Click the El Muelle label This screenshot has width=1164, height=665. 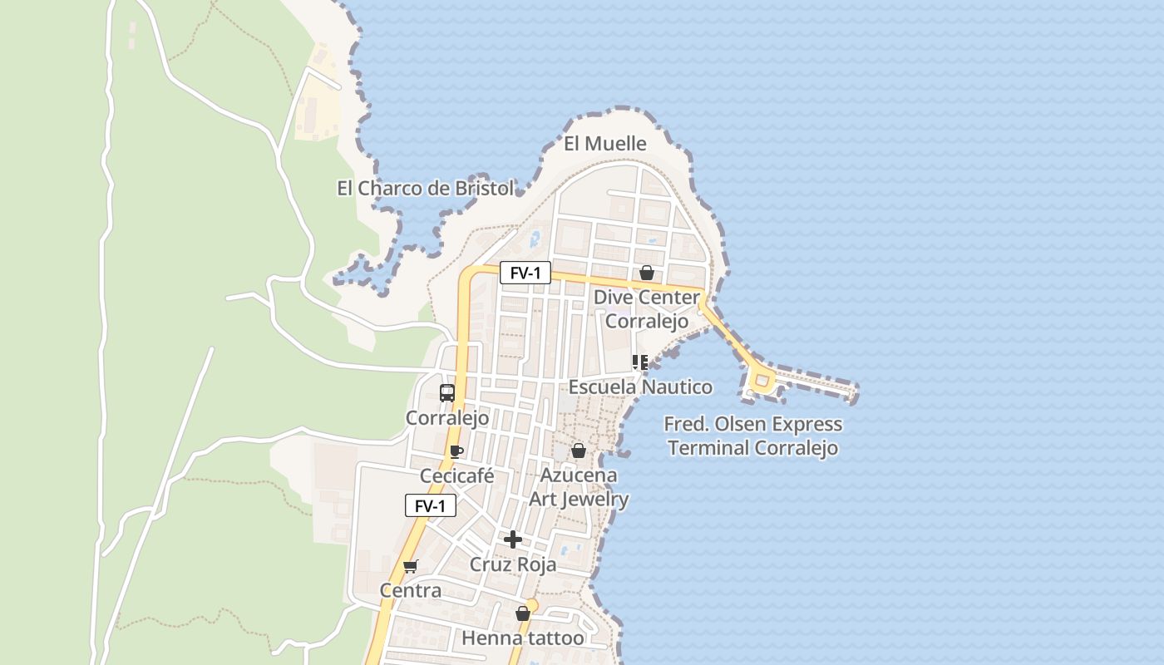click(604, 144)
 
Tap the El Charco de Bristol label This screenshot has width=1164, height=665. click(425, 189)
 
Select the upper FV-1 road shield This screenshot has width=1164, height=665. click(525, 273)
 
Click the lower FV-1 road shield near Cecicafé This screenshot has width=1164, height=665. click(430, 505)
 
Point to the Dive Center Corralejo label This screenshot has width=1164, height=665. click(647, 309)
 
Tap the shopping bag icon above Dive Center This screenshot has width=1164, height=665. click(647, 273)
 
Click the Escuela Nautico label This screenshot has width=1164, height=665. click(640, 387)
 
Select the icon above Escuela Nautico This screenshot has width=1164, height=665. click(640, 362)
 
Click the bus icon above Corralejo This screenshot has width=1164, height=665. click(447, 393)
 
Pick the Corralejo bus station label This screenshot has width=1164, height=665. click(447, 417)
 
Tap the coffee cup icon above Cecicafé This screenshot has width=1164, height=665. click(456, 451)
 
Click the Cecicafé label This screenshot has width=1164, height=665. click(456, 476)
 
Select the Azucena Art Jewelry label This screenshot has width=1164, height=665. click(580, 487)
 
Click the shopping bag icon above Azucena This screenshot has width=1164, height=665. click(579, 451)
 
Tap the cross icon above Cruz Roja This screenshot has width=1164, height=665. click(513, 540)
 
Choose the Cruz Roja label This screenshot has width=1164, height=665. click(513, 565)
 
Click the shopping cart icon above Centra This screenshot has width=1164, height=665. click(410, 567)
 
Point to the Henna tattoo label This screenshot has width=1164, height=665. click(523, 638)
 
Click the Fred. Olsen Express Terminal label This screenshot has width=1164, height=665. click(753, 436)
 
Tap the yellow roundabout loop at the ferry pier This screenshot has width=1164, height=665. click(761, 381)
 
